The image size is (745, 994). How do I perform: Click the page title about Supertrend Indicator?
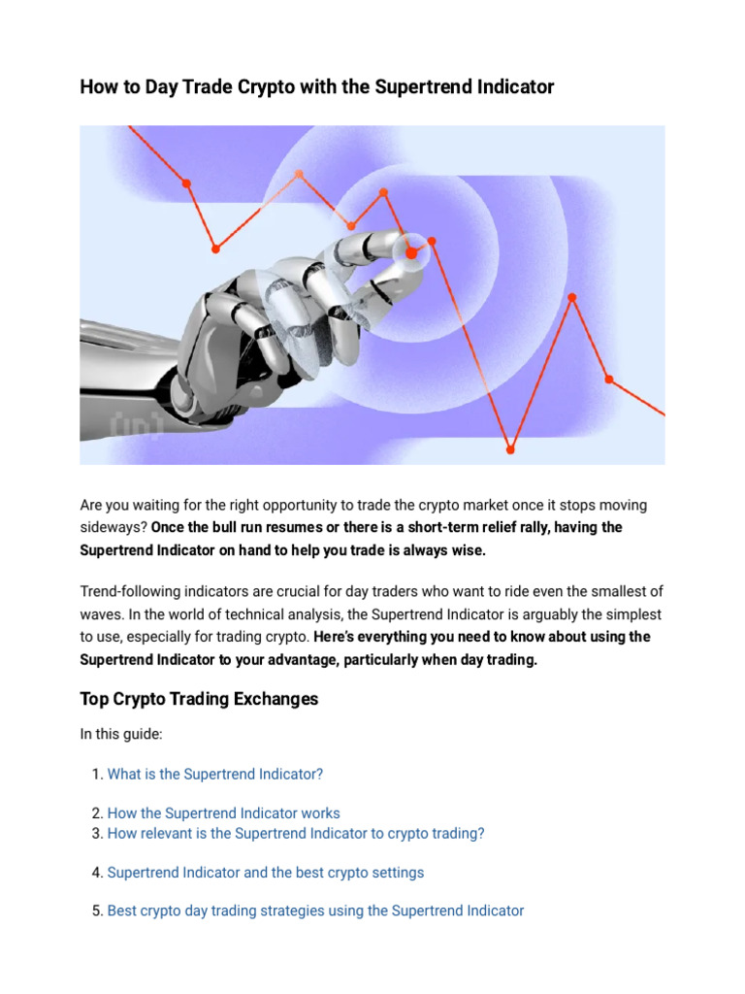click(x=316, y=87)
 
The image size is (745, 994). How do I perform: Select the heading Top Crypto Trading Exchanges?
click(x=199, y=699)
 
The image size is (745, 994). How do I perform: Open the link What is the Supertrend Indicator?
click(x=214, y=774)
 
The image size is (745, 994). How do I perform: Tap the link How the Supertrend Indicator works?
click(x=223, y=813)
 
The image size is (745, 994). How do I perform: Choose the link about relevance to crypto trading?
click(x=295, y=833)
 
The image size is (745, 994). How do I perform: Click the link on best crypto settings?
click(x=265, y=872)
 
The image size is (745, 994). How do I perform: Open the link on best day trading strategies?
click(x=315, y=911)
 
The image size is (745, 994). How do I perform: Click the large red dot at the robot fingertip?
click(x=411, y=252)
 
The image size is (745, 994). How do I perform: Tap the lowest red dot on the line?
click(x=510, y=449)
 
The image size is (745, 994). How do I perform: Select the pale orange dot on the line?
click(x=299, y=175)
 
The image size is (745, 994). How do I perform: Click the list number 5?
click(x=96, y=911)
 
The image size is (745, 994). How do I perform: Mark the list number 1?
click(x=96, y=774)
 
